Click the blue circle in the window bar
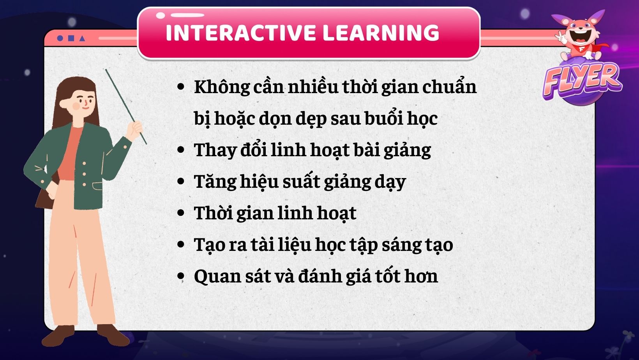click(x=60, y=38)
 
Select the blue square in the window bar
click(x=71, y=38)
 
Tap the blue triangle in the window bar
click(x=82, y=38)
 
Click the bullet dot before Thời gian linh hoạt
click(x=180, y=213)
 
